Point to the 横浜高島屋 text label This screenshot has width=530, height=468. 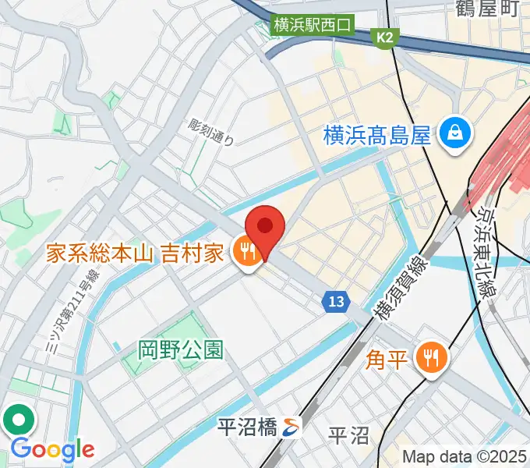(377, 136)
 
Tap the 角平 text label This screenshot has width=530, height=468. (387, 360)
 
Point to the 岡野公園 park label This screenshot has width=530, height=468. (180, 349)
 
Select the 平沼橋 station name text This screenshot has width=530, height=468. (246, 427)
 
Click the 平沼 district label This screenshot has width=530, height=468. (348, 434)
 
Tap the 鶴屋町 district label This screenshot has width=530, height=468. (486, 10)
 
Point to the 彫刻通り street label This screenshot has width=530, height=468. (210, 132)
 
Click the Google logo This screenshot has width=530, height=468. (51, 449)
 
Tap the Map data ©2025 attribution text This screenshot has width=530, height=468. (465, 456)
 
